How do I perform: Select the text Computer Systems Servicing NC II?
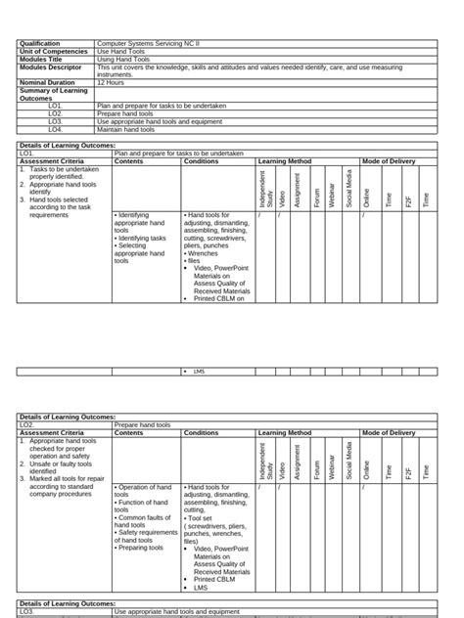pos(147,44)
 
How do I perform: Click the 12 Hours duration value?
pos(111,83)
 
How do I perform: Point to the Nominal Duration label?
pos(47,83)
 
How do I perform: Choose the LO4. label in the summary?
pos(56,129)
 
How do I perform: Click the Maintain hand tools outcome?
pos(125,129)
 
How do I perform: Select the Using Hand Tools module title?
pos(124,59)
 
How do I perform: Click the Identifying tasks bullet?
pos(142,238)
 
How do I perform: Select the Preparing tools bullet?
pos(141,548)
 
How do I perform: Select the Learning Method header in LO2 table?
pos(285,432)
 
